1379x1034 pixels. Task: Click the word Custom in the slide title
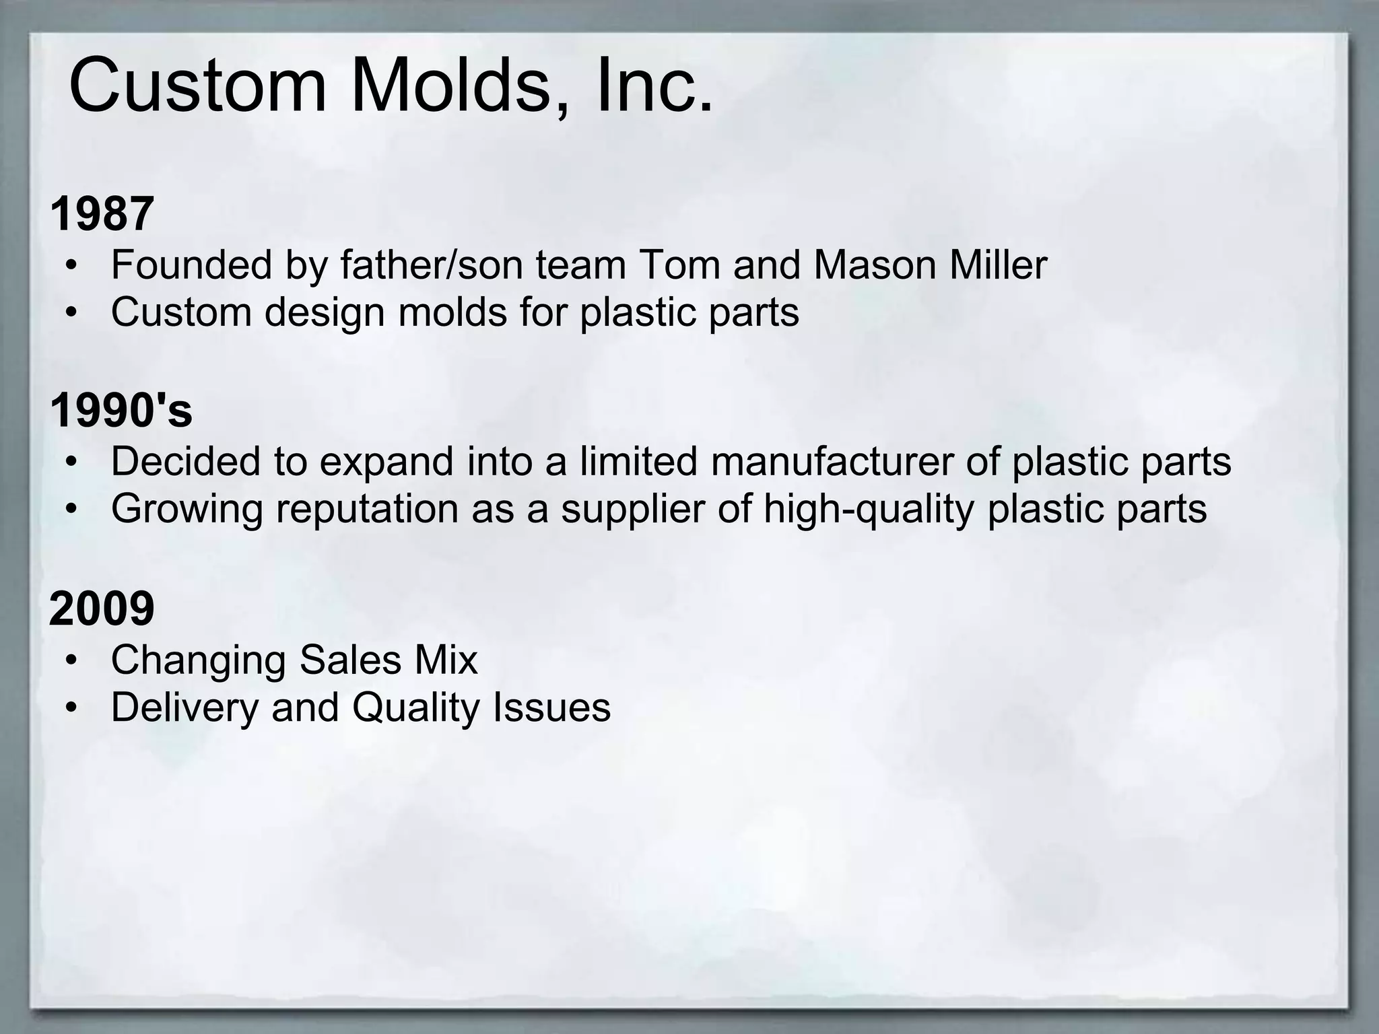[197, 86]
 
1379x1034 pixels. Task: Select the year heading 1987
[102, 213]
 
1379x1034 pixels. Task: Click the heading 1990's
[121, 410]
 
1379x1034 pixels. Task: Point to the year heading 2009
[102, 608]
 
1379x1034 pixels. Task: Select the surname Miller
[998, 265]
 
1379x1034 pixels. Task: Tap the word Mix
[446, 659]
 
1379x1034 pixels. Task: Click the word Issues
[551, 707]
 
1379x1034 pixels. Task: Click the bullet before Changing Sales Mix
[72, 660]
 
